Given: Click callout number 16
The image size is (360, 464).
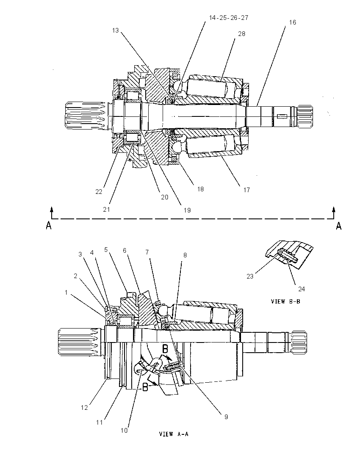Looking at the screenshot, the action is coord(292,22).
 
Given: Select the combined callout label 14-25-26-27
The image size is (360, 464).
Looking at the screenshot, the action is coord(229,18).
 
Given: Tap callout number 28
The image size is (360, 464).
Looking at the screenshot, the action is coord(241,34).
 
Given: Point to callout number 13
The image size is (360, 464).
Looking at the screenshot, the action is coord(115,30).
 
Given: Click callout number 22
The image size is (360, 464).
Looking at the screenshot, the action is coord(99,192).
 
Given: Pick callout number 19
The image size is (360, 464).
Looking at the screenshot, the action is coord(187,210).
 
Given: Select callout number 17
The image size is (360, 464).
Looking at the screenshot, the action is coord(246,190).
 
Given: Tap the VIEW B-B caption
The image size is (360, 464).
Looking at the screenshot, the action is coord(285,301).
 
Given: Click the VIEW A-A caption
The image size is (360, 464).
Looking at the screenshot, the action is coord(174,434).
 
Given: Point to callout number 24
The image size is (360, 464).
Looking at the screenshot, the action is coord(302,289).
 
